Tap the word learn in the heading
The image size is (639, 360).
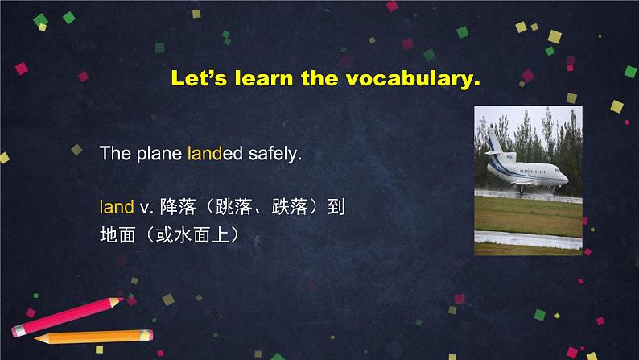click(x=264, y=77)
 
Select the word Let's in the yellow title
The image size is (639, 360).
click(x=199, y=77)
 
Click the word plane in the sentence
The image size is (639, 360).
click(x=159, y=154)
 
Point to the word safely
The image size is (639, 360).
click(x=275, y=154)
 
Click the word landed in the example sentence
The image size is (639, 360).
click(x=215, y=154)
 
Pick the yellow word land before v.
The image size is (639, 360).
click(x=117, y=207)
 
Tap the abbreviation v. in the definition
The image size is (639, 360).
click(x=146, y=208)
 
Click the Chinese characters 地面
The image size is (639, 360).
click(x=117, y=235)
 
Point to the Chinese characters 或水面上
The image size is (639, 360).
click(x=192, y=235)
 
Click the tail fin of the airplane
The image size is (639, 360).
click(x=496, y=141)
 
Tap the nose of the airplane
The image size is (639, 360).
click(x=565, y=179)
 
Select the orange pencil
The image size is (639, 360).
click(x=93, y=337)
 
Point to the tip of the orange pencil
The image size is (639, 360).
click(x=35, y=338)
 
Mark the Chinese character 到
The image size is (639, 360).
click(x=336, y=207)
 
